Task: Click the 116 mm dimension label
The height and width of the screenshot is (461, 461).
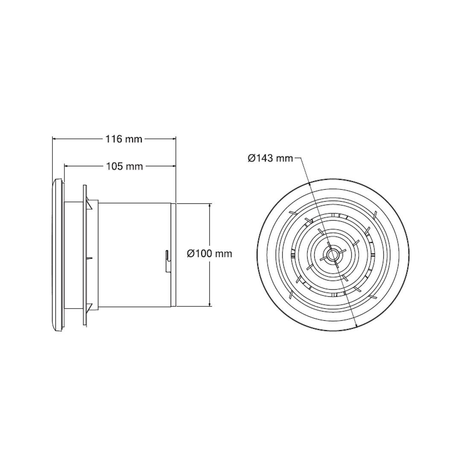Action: (x=124, y=139)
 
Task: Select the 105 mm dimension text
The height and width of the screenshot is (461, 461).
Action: (x=124, y=166)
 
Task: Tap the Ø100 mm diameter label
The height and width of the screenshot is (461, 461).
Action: (x=210, y=254)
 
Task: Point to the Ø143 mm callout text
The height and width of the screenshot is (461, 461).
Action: (x=271, y=158)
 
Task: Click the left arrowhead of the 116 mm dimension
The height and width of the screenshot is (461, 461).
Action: (x=54, y=138)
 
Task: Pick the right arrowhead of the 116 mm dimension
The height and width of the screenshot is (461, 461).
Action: (x=174, y=138)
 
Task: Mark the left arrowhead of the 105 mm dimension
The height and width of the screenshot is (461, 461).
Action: (x=66, y=166)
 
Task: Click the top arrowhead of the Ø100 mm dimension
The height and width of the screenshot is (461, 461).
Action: (x=210, y=205)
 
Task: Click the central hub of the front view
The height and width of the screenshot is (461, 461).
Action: (x=332, y=255)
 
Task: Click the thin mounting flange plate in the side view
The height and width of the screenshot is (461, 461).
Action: (x=85, y=255)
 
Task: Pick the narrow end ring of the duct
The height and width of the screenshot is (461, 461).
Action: (x=174, y=255)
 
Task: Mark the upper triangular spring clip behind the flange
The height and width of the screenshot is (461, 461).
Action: (x=89, y=204)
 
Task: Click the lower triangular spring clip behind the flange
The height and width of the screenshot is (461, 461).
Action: (x=89, y=306)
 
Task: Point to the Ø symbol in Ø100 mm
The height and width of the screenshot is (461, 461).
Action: (x=191, y=254)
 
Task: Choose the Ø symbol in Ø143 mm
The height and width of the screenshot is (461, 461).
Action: (x=252, y=158)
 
